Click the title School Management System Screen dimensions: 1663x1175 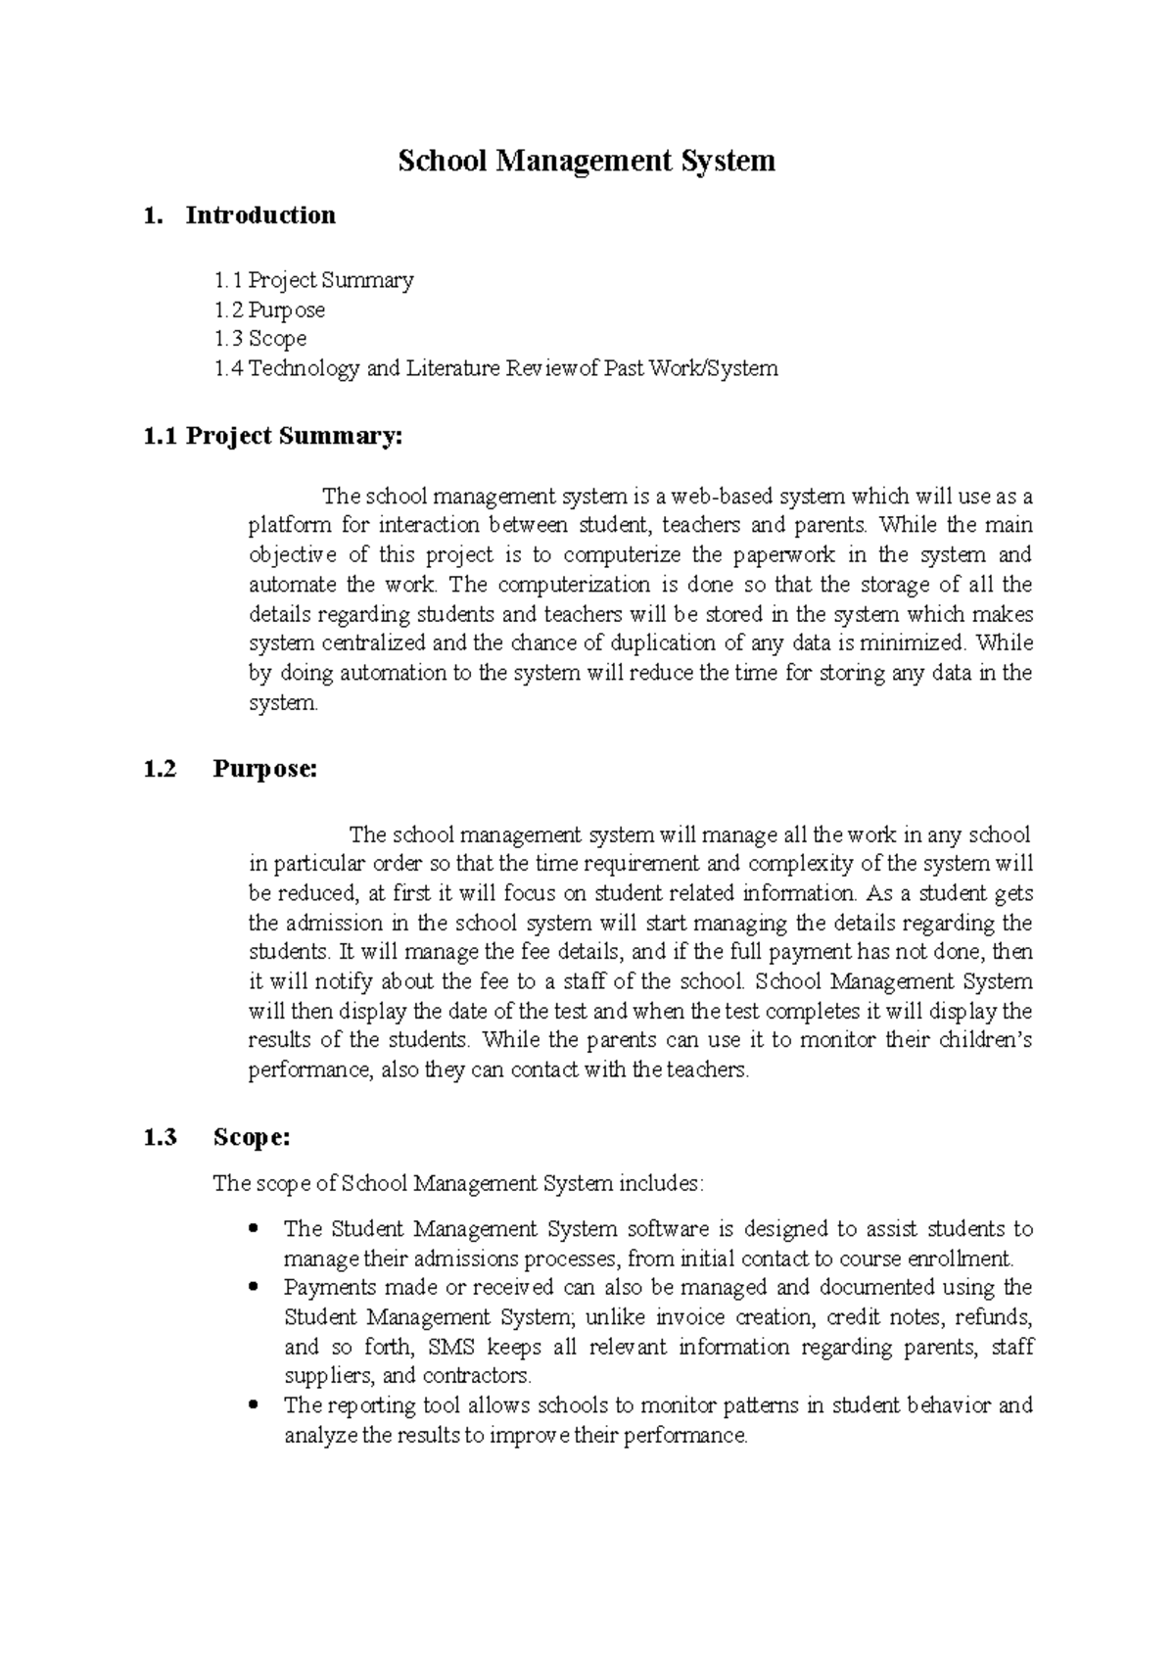pos(586,160)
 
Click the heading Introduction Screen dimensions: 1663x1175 pos(259,215)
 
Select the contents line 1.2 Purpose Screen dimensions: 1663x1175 pos(269,310)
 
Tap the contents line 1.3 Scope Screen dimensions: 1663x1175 pos(260,339)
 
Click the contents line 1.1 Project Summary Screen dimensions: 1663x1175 pos(313,281)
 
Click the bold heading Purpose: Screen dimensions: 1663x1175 pos(265,769)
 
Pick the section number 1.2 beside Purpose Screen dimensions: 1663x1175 pos(161,769)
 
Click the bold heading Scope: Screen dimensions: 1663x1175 pos(252,1137)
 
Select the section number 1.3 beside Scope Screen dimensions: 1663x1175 pos(161,1137)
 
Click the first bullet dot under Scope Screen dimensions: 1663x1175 pos(255,1227)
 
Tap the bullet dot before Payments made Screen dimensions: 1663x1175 pos(255,1286)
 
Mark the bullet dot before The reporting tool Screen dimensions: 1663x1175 pos(255,1403)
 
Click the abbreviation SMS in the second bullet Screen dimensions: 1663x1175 pos(451,1347)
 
